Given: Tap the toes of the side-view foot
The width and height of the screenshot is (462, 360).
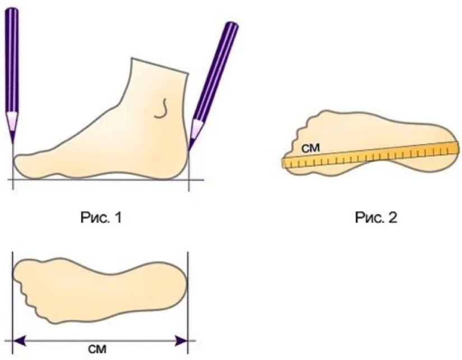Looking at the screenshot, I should (x=25, y=164).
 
